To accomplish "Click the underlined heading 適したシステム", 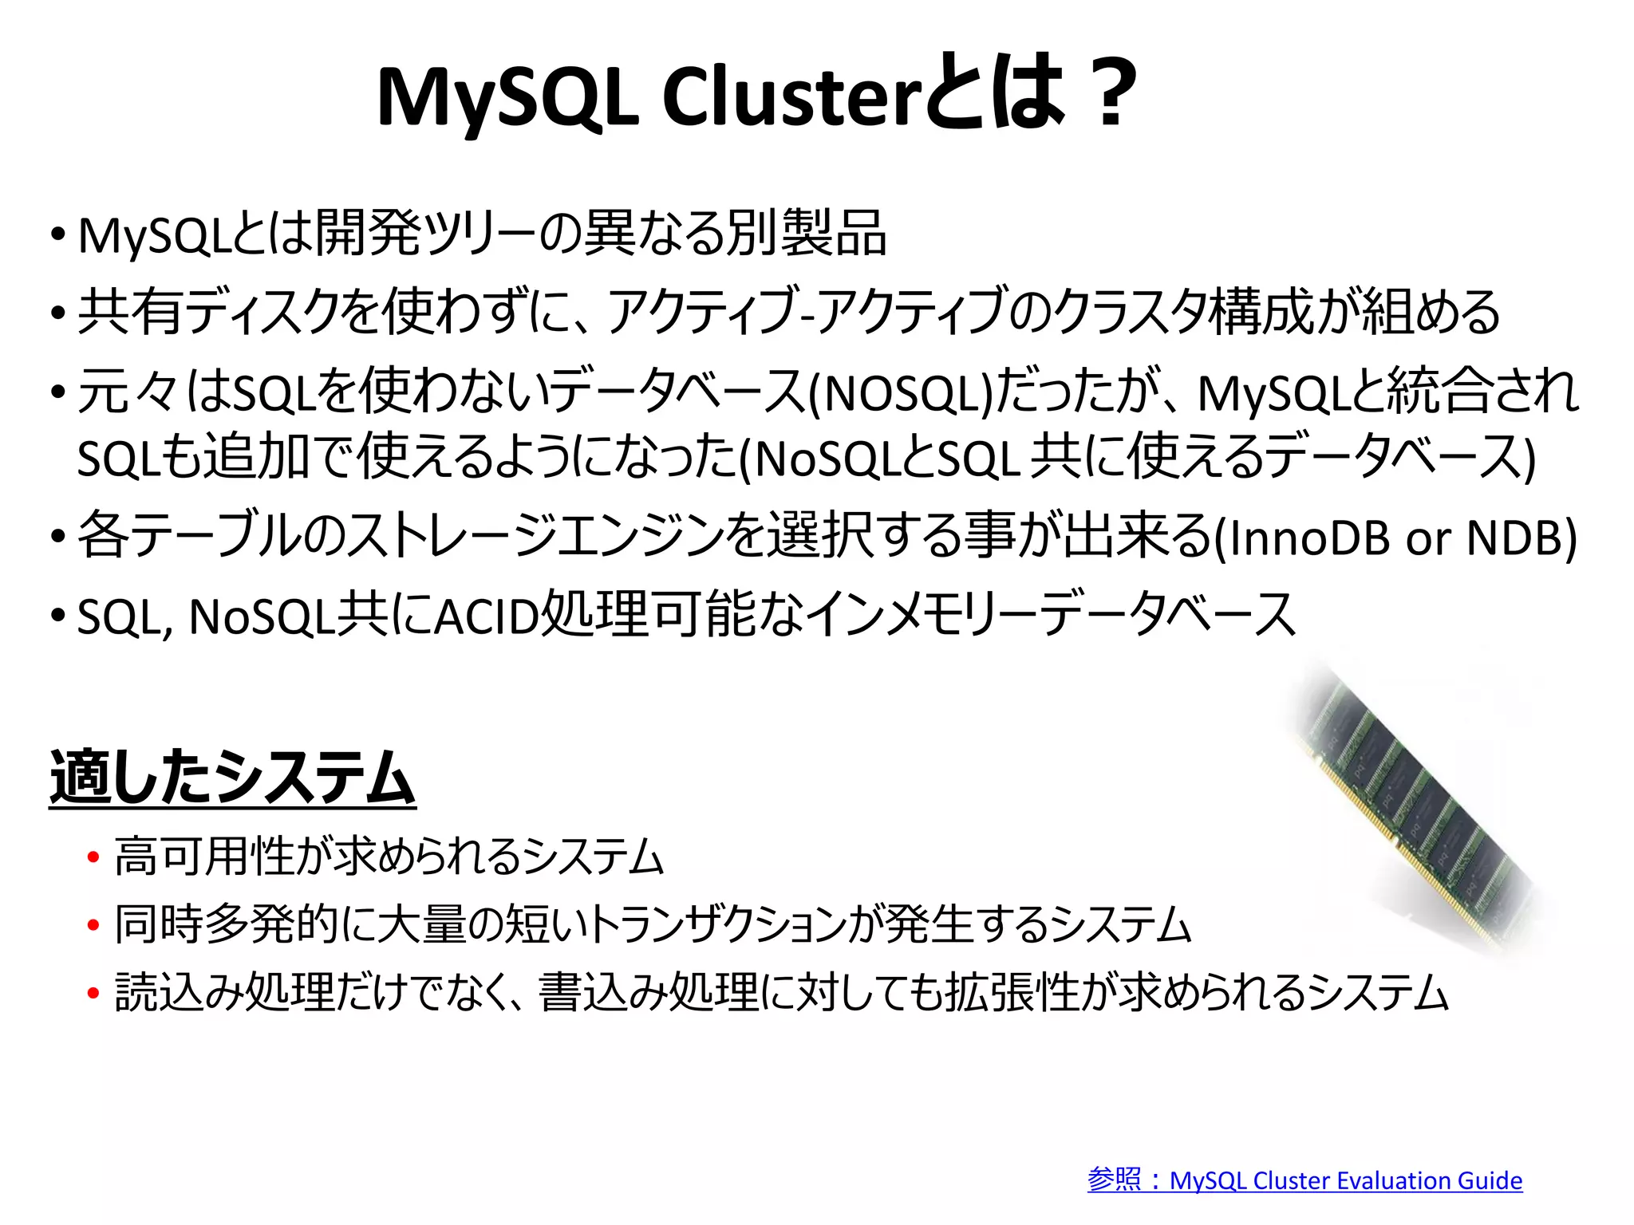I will [x=232, y=778].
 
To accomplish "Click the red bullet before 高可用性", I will [x=93, y=858].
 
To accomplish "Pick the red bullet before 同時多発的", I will [x=93, y=926].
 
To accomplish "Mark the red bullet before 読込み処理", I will [x=93, y=994].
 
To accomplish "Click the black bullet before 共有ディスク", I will [x=57, y=313].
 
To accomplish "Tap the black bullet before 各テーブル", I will [x=57, y=537].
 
